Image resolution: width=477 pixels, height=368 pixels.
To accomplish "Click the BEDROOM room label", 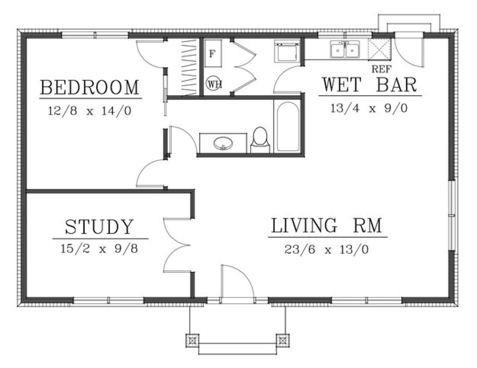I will [90, 87].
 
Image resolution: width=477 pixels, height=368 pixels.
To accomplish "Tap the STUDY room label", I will [99, 227].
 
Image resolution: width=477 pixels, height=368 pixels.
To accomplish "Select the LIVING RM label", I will [327, 226].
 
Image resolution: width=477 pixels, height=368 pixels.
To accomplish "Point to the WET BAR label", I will [369, 85].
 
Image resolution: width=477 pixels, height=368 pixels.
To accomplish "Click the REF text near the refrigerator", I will [381, 69].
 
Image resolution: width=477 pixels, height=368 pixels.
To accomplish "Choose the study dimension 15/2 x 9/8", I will [99, 249].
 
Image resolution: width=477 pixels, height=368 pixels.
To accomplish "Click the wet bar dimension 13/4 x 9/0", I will [369, 108].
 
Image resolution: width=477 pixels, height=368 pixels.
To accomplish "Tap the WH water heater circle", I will [214, 84].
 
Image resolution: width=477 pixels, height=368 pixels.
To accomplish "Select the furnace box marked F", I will [213, 54].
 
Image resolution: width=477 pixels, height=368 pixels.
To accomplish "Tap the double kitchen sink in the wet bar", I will [345, 50].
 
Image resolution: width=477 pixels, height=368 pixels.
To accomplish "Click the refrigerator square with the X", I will [379, 50].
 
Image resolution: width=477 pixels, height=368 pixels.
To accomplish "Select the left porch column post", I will [193, 340].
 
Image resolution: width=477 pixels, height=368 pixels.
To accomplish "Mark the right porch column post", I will [283, 340].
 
